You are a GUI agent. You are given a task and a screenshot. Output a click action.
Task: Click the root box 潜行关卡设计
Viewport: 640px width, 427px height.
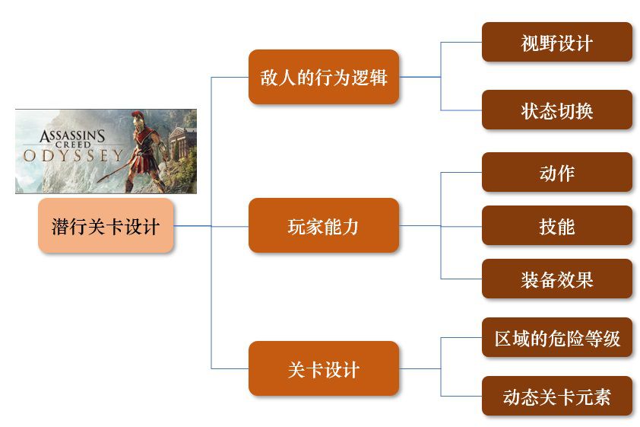tap(106, 226)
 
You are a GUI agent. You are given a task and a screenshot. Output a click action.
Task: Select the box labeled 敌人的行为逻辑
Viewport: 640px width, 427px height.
tap(324, 77)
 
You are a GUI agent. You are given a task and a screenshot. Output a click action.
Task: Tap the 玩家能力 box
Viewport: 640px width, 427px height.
tap(324, 225)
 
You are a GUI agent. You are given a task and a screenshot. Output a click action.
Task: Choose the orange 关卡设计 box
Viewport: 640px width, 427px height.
tap(324, 369)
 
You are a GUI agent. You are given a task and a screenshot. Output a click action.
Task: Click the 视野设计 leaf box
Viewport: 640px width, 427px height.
tap(556, 42)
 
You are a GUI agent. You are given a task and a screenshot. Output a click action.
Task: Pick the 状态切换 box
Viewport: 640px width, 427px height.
tap(556, 110)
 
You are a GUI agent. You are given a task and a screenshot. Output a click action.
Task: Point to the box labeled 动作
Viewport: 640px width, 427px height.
tap(556, 172)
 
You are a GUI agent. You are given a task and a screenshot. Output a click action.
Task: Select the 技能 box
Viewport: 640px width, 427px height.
tap(556, 225)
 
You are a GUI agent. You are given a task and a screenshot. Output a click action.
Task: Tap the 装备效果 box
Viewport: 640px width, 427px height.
tap(556, 279)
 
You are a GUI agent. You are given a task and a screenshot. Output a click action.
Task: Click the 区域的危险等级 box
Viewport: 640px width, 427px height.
tap(556, 337)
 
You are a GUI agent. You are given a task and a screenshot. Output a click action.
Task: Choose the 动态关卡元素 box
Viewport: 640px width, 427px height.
tap(556, 396)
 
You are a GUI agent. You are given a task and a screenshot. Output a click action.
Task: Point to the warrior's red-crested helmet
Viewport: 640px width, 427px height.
tap(138, 116)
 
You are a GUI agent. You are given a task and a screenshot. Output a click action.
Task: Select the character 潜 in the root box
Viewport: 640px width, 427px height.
tap(60, 226)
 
